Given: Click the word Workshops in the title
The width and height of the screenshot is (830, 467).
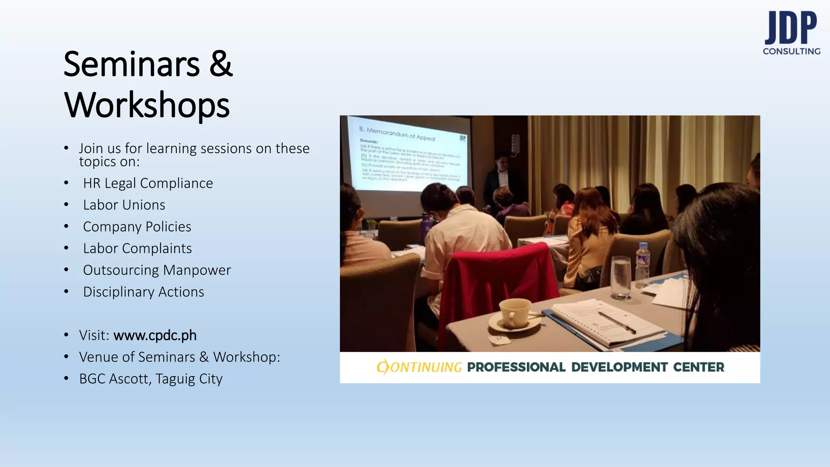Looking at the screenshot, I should [147, 105].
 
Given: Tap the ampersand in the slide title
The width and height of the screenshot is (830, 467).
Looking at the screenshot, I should [221, 64].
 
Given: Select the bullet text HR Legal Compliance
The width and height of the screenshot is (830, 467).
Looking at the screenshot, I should [148, 183].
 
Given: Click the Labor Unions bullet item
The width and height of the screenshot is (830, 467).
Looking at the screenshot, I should [124, 205].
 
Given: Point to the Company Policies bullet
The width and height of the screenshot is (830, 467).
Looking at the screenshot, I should [137, 227].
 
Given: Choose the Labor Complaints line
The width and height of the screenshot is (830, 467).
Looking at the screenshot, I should [137, 248].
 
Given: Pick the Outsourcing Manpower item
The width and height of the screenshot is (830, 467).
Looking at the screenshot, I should [157, 270].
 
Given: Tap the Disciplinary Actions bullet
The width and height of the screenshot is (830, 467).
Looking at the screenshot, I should [143, 292].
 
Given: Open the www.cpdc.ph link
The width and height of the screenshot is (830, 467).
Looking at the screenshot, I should [155, 335].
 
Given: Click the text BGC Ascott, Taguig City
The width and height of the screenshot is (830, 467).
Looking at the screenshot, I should [151, 379].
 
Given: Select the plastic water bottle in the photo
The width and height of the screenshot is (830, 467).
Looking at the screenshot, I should [642, 266].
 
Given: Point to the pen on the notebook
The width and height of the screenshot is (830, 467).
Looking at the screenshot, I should [616, 322].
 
